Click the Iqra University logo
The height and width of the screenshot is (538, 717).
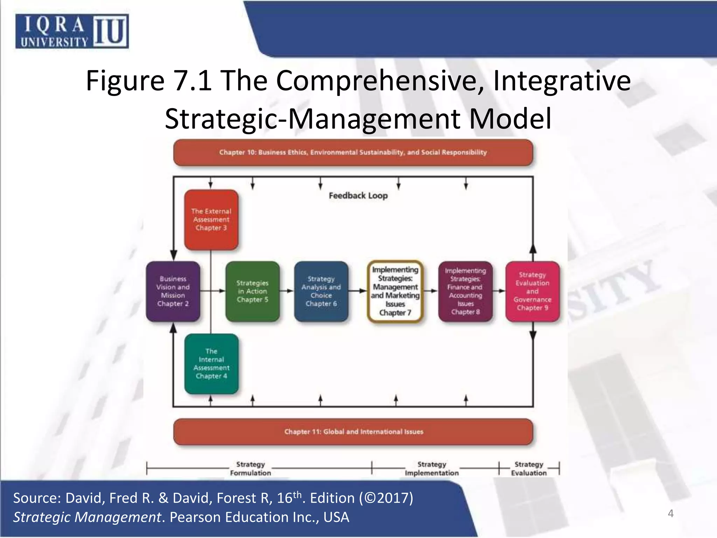(x=72, y=31)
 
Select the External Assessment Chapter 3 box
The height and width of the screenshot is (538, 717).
(x=211, y=220)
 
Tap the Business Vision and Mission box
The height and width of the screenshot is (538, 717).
(x=173, y=291)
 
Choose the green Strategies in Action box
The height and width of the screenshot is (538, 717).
(x=252, y=291)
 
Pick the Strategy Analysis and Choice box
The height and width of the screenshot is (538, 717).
(x=321, y=291)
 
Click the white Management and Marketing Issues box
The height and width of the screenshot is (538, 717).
(x=395, y=291)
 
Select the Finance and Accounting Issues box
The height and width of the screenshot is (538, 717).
(x=465, y=291)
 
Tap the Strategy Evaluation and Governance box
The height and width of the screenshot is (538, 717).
(x=532, y=291)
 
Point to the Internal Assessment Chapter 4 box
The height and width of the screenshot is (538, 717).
(x=211, y=364)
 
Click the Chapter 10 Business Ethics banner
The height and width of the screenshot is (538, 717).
(x=353, y=152)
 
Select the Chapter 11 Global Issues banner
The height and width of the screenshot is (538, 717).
(x=353, y=432)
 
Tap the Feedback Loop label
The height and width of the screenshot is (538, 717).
(x=358, y=195)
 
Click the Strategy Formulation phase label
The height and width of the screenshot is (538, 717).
(x=250, y=469)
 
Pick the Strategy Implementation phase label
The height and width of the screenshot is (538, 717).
(x=432, y=469)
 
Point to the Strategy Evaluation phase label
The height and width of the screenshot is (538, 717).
(x=529, y=469)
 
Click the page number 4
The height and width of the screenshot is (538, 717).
(x=670, y=513)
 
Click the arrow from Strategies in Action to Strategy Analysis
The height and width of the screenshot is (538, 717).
(x=287, y=291)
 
